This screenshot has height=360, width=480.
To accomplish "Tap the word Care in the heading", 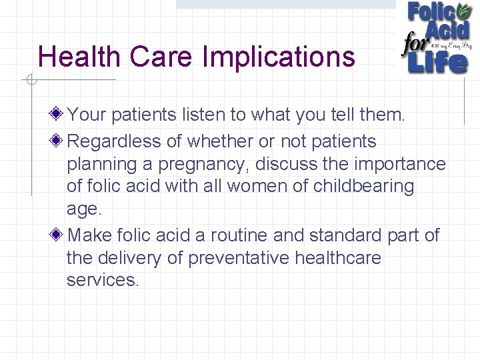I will click(164, 57).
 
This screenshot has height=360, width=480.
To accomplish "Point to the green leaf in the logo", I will click(463, 12).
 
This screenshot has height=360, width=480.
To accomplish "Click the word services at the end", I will click(101, 279).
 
